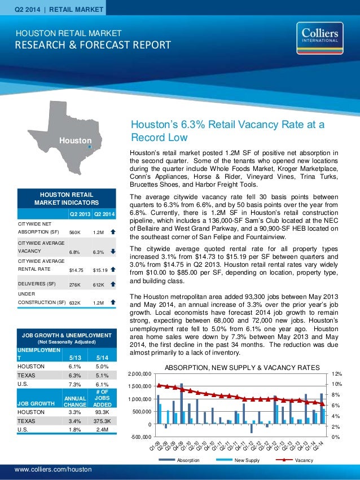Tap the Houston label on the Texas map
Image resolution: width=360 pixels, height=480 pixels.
pyautogui.click(x=76, y=140)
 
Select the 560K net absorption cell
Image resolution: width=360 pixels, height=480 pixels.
pyautogui.click(x=74, y=232)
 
